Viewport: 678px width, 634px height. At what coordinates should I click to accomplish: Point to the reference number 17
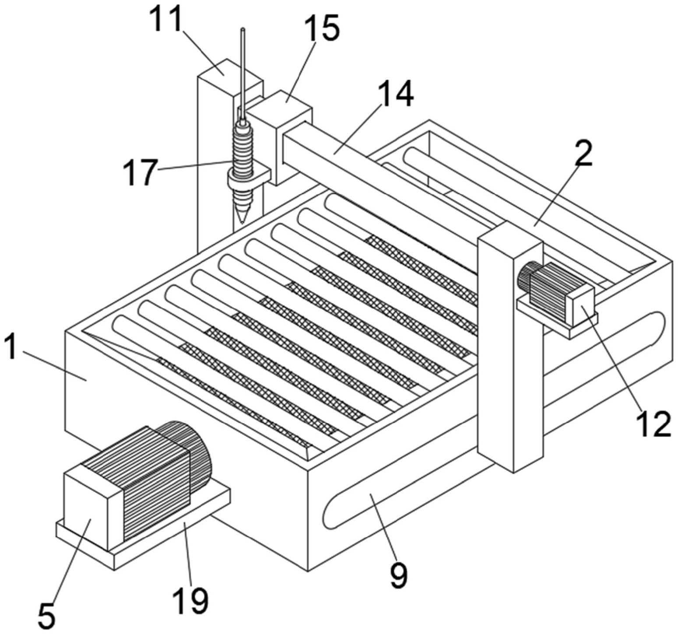[139, 172]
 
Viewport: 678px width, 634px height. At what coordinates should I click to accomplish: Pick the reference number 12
[654, 423]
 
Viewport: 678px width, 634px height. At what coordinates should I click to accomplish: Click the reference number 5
[46, 616]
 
